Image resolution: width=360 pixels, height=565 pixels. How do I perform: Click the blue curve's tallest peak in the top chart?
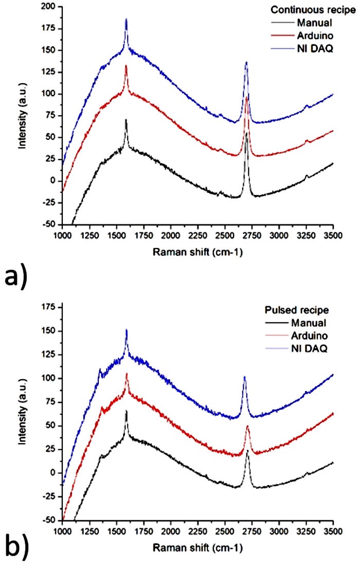click(x=126, y=19)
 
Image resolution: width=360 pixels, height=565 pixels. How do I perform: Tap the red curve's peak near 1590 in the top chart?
click(x=126, y=66)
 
